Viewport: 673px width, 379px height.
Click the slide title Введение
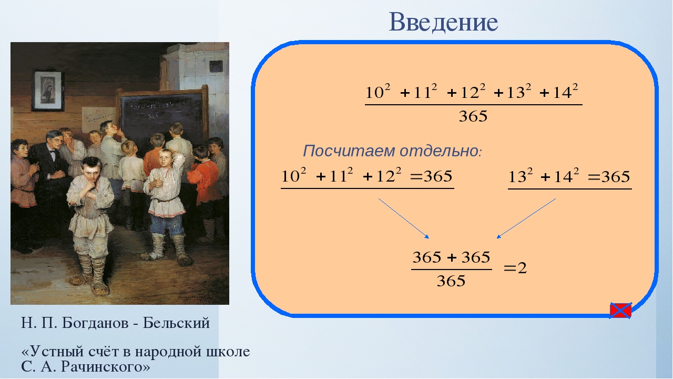pyautogui.click(x=443, y=22)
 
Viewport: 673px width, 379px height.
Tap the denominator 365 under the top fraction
pyautogui.click(x=473, y=116)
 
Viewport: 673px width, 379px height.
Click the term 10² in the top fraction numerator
pyautogui.click(x=378, y=92)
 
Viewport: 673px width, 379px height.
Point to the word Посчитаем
pyautogui.click(x=350, y=151)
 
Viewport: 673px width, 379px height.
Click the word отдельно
pyautogui.click(x=439, y=151)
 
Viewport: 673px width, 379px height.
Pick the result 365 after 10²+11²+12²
pyautogui.click(x=438, y=176)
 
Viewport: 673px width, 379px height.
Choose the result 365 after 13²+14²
pyautogui.click(x=616, y=177)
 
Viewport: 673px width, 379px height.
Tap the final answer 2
pyautogui.click(x=522, y=268)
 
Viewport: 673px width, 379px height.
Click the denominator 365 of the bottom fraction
pyautogui.click(x=451, y=281)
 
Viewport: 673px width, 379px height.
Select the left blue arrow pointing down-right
pyautogui.click(x=404, y=218)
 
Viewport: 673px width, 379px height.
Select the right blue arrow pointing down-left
pyautogui.click(x=526, y=218)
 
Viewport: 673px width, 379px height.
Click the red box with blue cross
pyautogui.click(x=620, y=311)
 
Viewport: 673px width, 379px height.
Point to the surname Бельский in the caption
pyautogui.click(x=176, y=323)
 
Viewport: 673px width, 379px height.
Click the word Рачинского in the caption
pyautogui.click(x=105, y=367)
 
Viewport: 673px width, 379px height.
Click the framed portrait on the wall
pyautogui.click(x=48, y=91)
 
